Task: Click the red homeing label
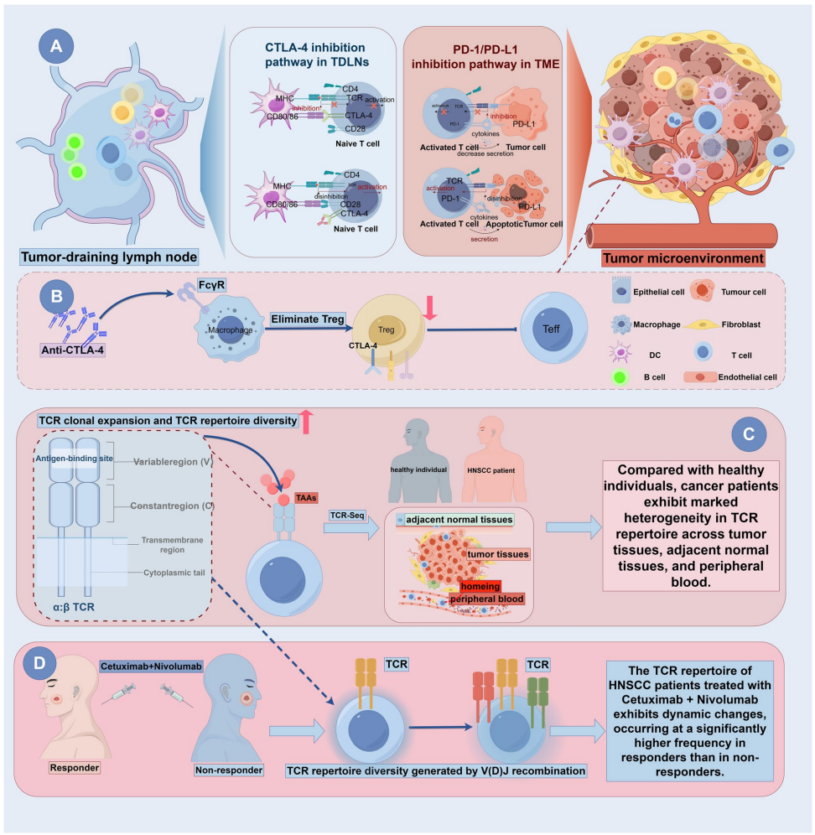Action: tap(476, 585)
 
